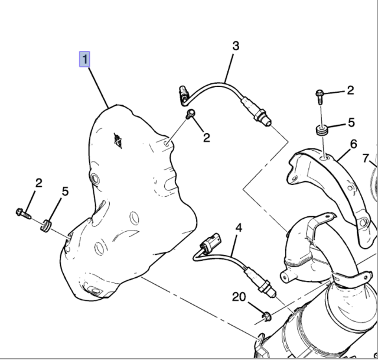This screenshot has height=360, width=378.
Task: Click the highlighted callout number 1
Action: coord(85,59)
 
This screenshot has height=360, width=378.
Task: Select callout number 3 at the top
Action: coord(235,46)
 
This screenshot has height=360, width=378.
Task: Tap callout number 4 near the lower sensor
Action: coord(239,228)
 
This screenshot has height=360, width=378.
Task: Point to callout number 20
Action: coord(239,297)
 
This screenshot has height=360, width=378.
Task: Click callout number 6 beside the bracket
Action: coord(353,144)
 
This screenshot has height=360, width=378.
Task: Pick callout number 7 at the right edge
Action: coord(367,158)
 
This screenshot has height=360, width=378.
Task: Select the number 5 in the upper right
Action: coord(350,123)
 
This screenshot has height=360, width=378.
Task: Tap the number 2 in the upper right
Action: coord(350,90)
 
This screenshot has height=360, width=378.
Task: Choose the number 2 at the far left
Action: coord(38,183)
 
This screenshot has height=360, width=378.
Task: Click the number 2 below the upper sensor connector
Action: coord(206,137)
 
